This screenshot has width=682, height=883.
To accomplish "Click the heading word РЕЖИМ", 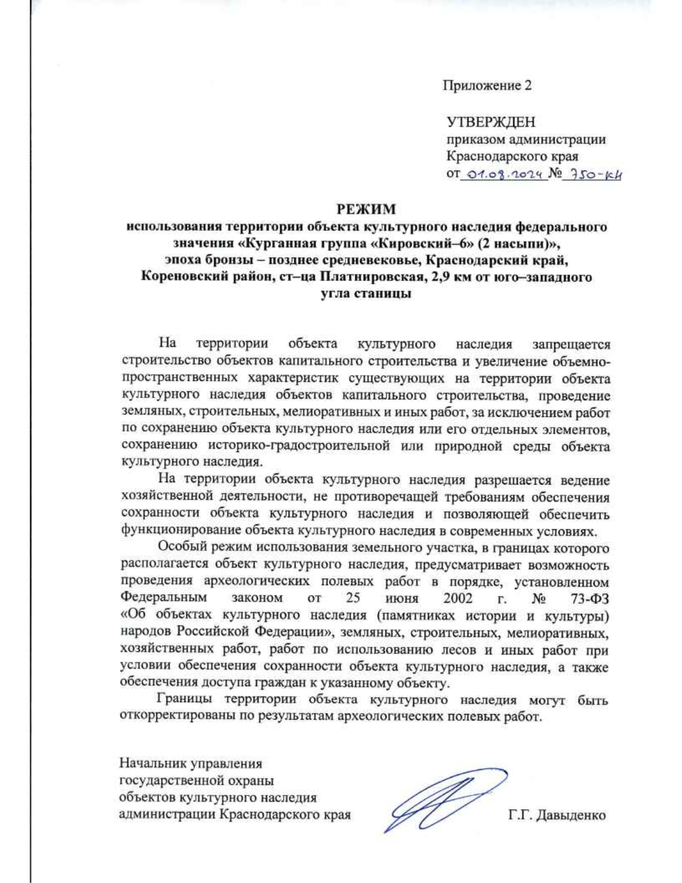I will [x=365, y=210].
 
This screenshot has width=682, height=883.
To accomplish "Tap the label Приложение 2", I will [x=487, y=85].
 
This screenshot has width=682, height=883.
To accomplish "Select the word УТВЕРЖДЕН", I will [x=490, y=122].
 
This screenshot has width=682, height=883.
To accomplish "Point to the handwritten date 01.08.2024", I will [x=504, y=174].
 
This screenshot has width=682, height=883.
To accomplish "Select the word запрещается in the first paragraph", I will [x=571, y=345].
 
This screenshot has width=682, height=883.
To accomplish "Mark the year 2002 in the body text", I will [x=458, y=598].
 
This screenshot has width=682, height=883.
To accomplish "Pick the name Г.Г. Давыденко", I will [x=557, y=815].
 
